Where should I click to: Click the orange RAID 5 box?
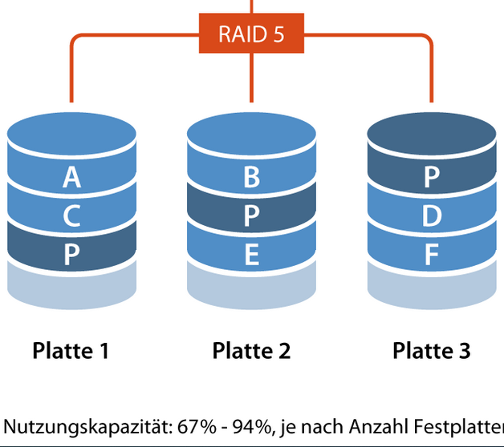(251, 34)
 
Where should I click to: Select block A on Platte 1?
(71, 177)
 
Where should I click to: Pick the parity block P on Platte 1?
(71, 255)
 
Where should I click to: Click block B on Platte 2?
(251, 177)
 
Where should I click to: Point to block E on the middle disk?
(251, 255)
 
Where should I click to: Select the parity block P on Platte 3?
(431, 177)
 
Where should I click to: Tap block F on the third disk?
(431, 255)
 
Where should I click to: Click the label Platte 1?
(71, 350)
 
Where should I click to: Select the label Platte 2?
(251, 350)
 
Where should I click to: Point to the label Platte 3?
(431, 350)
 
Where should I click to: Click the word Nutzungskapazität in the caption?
(71, 425)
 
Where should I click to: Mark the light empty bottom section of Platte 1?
(71, 288)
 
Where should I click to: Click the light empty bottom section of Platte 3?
(431, 288)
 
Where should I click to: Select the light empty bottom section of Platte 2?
(251, 288)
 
